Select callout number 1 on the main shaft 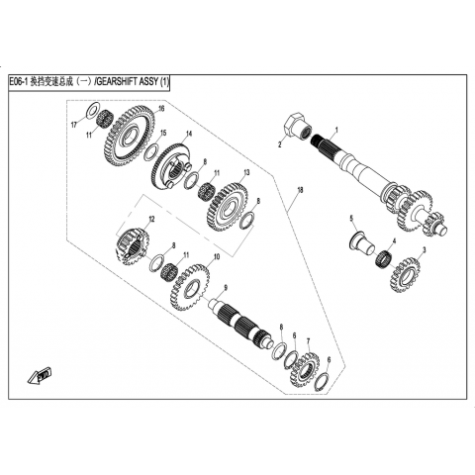(x=336, y=130)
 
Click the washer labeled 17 (x=92, y=111)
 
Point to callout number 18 (x=300, y=190)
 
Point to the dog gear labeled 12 (x=133, y=246)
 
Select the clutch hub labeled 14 (x=172, y=166)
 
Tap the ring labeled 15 (x=151, y=152)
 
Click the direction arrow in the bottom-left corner (x=40, y=376)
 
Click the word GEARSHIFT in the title (x=126, y=82)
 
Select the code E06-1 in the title (x=19, y=82)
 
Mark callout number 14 (x=189, y=134)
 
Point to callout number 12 (x=151, y=219)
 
